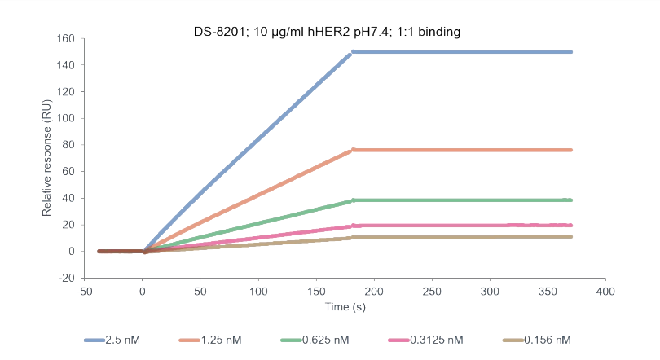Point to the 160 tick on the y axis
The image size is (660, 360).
click(x=66, y=39)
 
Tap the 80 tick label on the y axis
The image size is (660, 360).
click(x=68, y=145)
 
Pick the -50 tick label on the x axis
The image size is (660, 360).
click(x=84, y=291)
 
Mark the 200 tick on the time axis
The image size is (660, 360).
click(x=373, y=291)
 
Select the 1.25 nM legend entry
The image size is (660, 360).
click(x=223, y=340)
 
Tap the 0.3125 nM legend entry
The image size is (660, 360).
click(x=433, y=340)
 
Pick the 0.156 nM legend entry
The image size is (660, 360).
click(x=547, y=340)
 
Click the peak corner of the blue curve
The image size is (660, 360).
click(x=352, y=52)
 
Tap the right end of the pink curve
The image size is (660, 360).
click(x=570, y=225)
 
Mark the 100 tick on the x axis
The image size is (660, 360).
click(x=258, y=291)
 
